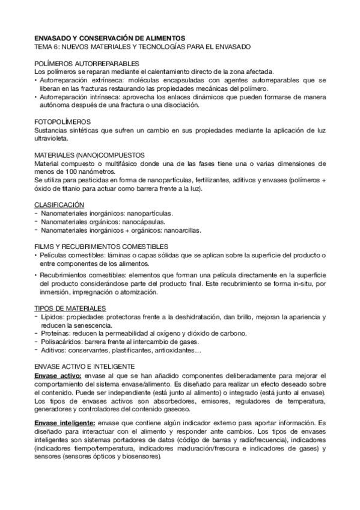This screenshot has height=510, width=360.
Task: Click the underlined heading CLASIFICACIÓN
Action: pyautogui.click(x=59, y=204)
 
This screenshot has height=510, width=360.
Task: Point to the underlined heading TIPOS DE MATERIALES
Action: pyautogui.click(x=70, y=308)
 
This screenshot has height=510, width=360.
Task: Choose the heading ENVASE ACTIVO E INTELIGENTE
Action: pyautogui.click(x=93, y=366)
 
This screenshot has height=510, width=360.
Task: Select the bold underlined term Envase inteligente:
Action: pyautogui.click(x=65, y=423)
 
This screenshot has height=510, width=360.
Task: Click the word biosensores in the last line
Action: pyautogui.click(x=141, y=456)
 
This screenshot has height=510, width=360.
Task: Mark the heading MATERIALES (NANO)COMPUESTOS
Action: pyautogui.click(x=90, y=155)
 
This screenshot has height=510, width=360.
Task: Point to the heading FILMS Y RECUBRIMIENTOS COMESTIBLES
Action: pyautogui.click(x=101, y=246)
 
